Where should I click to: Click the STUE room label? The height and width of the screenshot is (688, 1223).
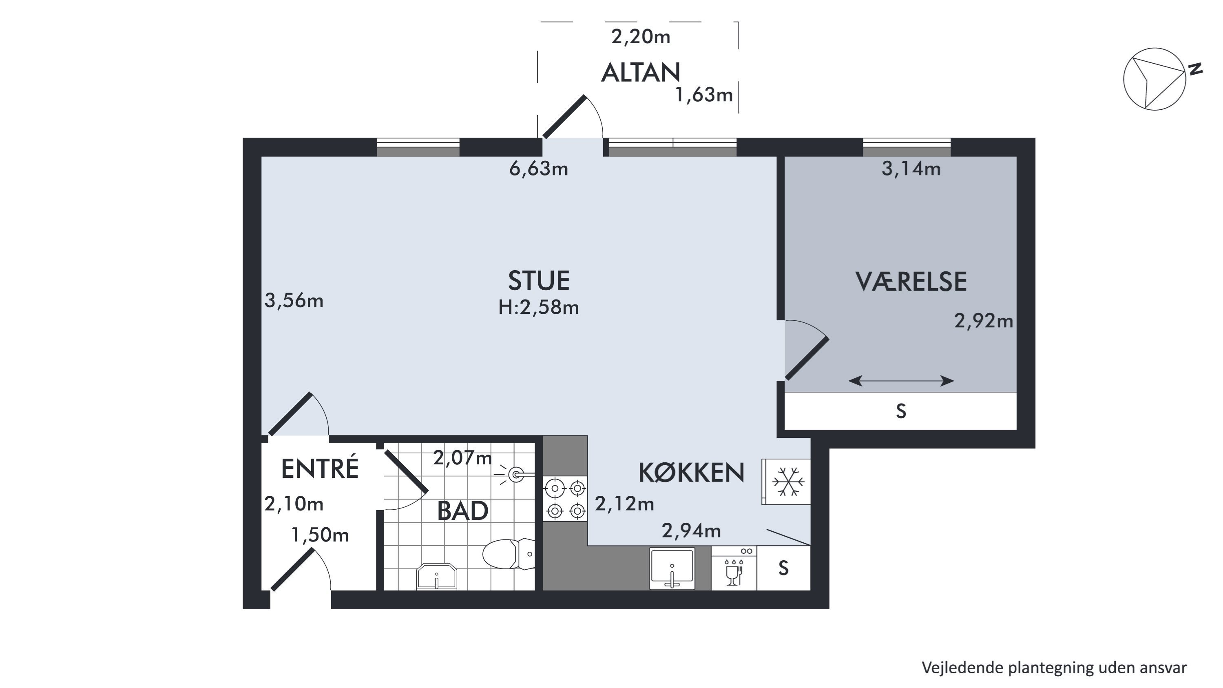click(539, 280)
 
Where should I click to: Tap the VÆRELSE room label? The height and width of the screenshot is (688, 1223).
click(911, 281)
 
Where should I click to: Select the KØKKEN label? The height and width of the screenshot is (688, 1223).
click(691, 473)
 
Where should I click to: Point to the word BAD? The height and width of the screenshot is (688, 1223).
click(462, 511)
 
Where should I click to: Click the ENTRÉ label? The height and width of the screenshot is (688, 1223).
click(320, 468)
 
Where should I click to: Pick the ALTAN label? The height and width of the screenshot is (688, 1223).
click(641, 73)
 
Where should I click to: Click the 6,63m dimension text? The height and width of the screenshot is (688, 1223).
click(538, 169)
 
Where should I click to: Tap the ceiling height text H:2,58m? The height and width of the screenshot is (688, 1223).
click(538, 307)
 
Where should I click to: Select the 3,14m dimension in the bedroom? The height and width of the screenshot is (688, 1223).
click(911, 169)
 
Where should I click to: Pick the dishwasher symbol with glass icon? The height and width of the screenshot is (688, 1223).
click(734, 568)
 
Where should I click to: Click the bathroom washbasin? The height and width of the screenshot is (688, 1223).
click(436, 577)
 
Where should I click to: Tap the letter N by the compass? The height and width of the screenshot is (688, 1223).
click(1195, 69)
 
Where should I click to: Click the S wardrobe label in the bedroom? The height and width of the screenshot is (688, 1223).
click(901, 411)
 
